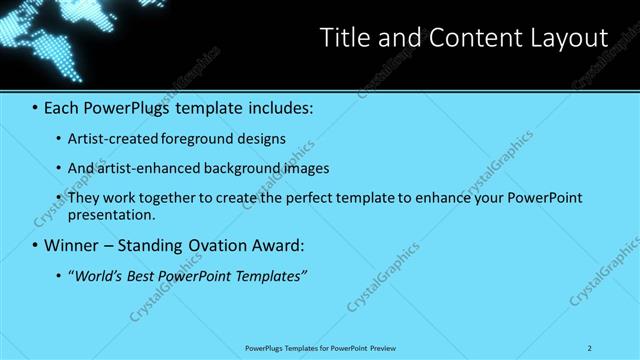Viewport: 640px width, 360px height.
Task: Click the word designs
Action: (x=259, y=139)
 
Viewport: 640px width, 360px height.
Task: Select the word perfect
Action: (x=307, y=197)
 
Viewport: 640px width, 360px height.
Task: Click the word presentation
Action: (x=112, y=214)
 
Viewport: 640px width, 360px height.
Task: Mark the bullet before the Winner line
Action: (x=36, y=245)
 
